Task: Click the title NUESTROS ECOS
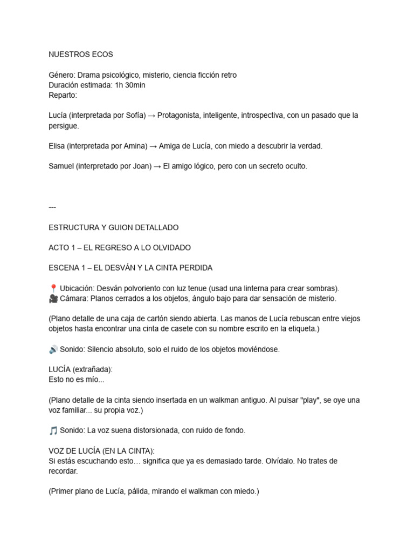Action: pyautogui.click(x=81, y=55)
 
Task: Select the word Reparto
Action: pyautogui.click(x=63, y=96)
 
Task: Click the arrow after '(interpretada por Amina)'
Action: pyautogui.click(x=153, y=146)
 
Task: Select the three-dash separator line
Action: pyautogui.click(x=52, y=207)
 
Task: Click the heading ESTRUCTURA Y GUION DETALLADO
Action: pyautogui.click(x=113, y=227)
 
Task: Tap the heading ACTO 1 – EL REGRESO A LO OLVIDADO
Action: pyautogui.click(x=120, y=247)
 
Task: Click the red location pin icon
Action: pyautogui.click(x=53, y=288)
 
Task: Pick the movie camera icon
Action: pyautogui.click(x=53, y=298)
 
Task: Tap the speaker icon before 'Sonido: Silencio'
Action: pyautogui.click(x=53, y=349)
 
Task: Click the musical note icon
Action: pyautogui.click(x=53, y=430)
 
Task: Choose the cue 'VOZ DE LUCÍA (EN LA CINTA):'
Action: pyautogui.click(x=102, y=451)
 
